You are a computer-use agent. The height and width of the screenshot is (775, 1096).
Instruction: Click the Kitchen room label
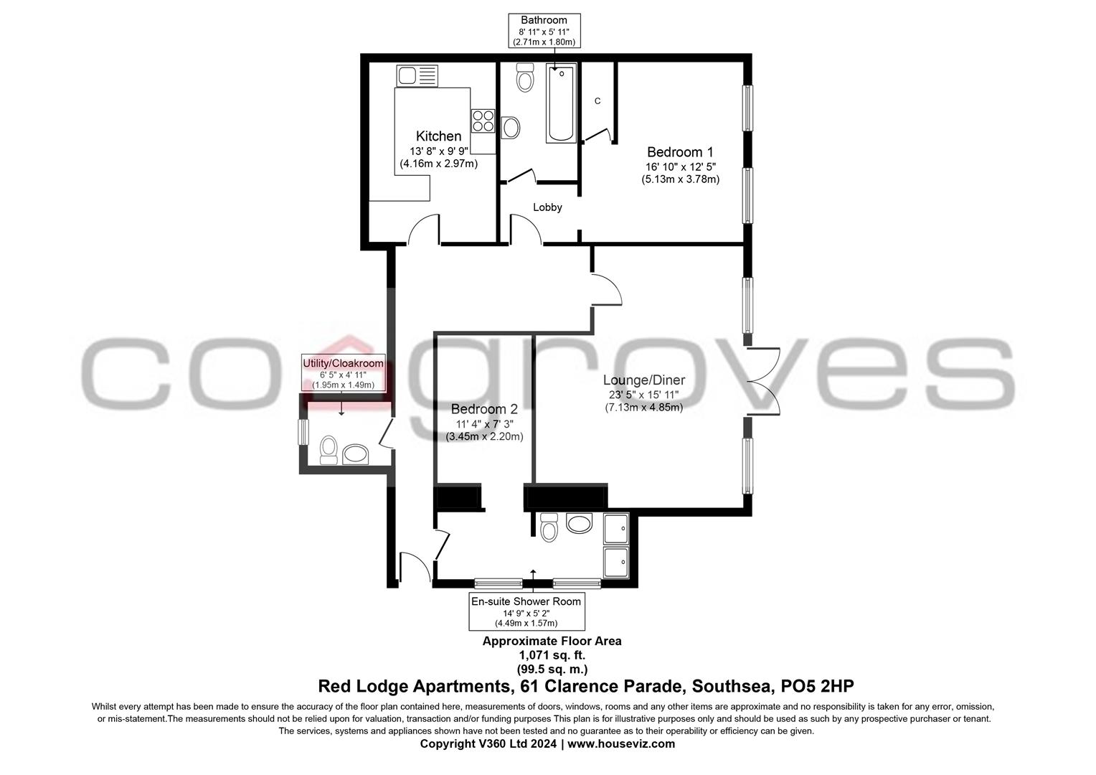point(438,136)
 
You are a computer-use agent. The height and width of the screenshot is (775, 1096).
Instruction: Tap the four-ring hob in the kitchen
point(483,120)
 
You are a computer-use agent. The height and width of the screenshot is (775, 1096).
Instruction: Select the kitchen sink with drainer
point(416,75)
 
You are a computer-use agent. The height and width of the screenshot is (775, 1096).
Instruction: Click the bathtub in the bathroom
point(560,103)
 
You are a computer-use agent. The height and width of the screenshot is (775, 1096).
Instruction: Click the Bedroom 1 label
point(680,152)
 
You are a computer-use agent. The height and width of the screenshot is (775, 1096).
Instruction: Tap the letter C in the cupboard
point(597,101)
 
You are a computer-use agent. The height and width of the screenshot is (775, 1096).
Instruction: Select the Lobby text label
point(547,207)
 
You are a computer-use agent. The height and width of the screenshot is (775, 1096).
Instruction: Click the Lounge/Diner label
point(643,380)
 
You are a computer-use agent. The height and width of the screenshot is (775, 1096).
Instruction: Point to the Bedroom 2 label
point(484,409)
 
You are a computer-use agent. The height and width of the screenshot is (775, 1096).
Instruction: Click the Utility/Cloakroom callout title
point(343,363)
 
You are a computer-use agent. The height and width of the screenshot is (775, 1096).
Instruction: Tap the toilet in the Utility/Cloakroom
point(329,450)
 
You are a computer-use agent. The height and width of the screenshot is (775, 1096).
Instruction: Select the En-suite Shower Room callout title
point(526,601)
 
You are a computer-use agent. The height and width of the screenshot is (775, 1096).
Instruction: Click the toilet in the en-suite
point(549,527)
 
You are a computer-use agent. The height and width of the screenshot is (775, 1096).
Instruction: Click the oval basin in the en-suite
point(580,522)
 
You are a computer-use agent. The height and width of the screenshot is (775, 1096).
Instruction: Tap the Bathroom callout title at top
point(544,20)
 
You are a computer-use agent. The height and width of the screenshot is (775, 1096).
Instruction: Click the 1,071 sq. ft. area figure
point(552,655)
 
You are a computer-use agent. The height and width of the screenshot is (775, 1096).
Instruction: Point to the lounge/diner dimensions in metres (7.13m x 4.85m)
point(643,407)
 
